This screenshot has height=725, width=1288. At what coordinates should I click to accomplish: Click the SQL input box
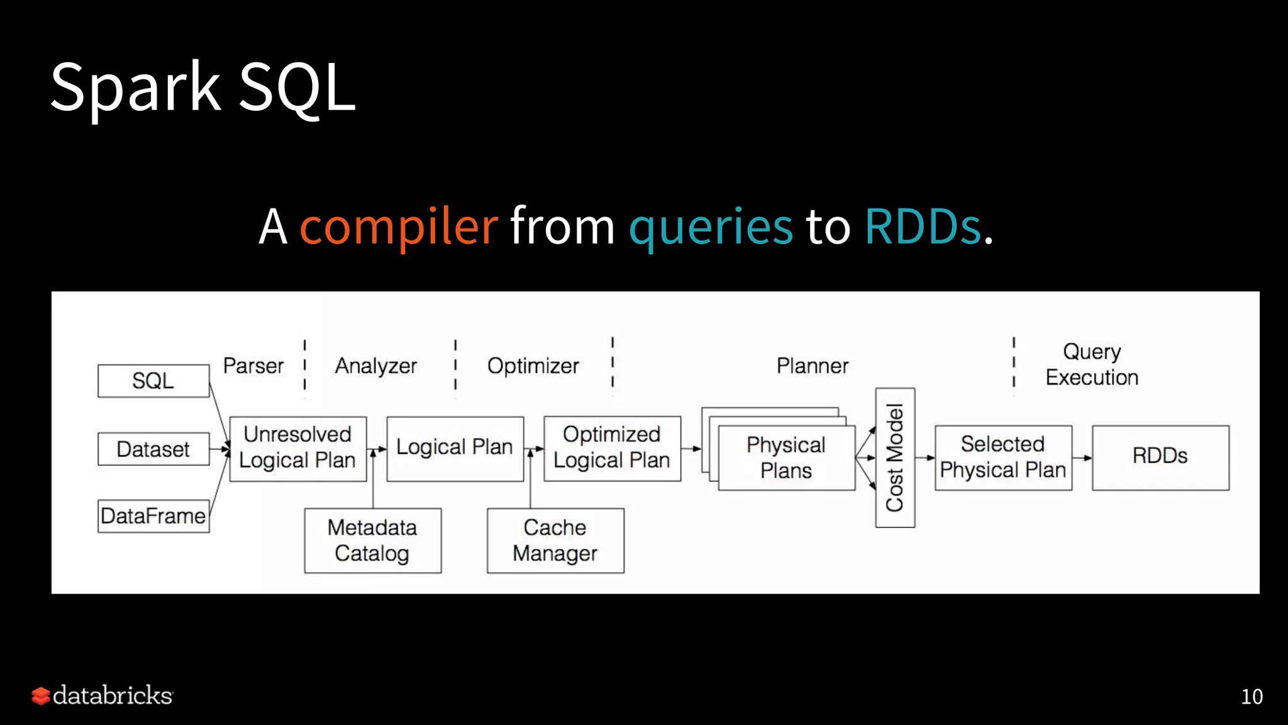(x=153, y=381)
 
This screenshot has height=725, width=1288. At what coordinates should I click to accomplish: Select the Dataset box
(x=153, y=449)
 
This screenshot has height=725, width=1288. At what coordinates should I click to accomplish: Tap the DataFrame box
(x=153, y=516)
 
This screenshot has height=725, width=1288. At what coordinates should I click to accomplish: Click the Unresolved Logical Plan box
(x=297, y=448)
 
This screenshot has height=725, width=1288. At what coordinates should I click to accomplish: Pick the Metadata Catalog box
(x=372, y=540)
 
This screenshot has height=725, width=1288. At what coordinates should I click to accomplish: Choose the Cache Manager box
(x=555, y=540)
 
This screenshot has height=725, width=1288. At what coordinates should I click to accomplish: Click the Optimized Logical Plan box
(x=611, y=448)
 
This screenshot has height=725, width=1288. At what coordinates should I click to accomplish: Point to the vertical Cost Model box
(x=894, y=458)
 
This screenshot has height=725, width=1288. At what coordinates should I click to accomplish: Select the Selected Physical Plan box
(x=1002, y=458)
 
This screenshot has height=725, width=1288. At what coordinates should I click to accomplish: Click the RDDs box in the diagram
(x=1160, y=458)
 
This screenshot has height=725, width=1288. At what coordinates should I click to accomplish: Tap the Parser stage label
(x=253, y=366)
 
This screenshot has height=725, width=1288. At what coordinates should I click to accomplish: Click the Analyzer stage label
(x=375, y=366)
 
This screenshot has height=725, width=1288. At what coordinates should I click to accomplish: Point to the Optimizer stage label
(x=533, y=366)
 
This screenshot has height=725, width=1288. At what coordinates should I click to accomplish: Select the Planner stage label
(x=812, y=366)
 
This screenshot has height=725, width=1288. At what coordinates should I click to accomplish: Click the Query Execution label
(x=1092, y=364)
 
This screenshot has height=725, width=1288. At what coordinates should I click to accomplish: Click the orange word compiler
(x=399, y=227)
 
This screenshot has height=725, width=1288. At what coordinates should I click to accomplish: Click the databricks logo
(x=103, y=695)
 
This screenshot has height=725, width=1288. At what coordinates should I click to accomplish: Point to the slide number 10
(x=1251, y=697)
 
